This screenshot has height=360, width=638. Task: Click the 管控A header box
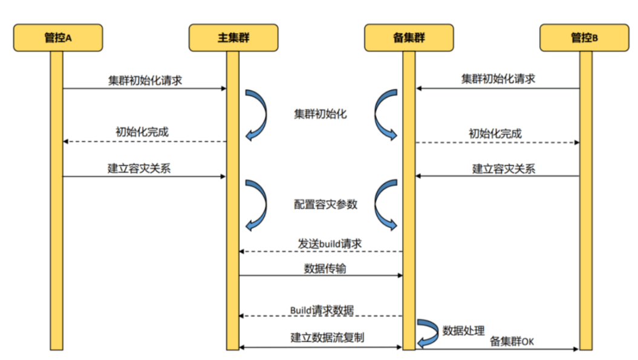(x=58, y=38)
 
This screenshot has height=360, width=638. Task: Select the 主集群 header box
(x=233, y=38)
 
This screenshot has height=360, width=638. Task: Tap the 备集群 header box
(x=409, y=38)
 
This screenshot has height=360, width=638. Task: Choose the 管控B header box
(x=585, y=38)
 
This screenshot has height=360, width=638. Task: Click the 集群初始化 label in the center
(x=321, y=114)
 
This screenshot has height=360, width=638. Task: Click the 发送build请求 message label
(x=330, y=243)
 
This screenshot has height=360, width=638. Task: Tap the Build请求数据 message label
(x=321, y=310)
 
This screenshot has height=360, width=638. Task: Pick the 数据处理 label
(x=464, y=330)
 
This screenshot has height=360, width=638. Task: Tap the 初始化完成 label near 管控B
(x=495, y=134)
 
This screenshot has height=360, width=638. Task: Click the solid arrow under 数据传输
(x=321, y=276)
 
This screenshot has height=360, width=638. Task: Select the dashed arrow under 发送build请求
(x=321, y=251)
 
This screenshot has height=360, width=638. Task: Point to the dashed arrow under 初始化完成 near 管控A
(x=145, y=142)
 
